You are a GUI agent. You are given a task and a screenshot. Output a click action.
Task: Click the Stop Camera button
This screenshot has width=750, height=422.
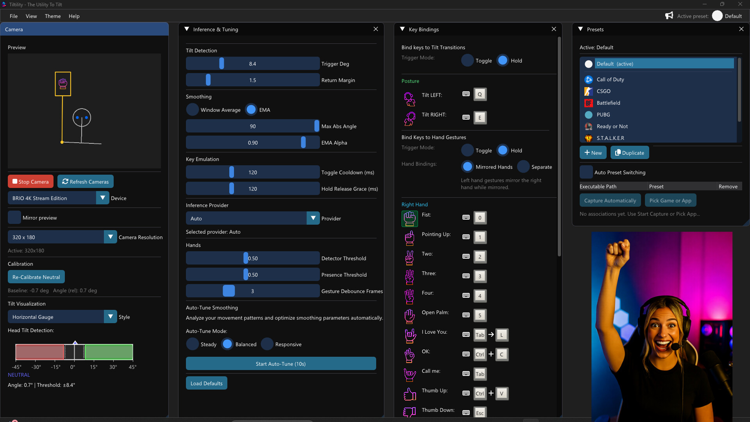(x=30, y=182)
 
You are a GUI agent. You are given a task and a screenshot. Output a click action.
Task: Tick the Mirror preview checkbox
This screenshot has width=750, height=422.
(x=14, y=218)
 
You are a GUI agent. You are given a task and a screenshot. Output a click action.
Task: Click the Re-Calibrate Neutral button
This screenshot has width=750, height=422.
(x=36, y=277)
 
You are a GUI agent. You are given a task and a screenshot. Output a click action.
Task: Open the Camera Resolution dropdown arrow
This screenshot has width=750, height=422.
(x=110, y=237)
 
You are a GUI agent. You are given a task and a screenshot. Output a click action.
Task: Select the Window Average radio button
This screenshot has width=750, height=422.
(x=192, y=110)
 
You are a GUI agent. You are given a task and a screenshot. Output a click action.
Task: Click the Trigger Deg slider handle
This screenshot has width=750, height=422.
(x=221, y=64)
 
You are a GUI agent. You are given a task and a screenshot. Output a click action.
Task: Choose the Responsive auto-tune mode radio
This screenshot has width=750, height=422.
(x=267, y=344)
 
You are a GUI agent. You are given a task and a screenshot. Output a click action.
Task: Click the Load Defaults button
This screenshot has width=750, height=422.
(x=206, y=383)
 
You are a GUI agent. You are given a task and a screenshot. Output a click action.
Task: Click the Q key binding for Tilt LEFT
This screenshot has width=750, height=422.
(x=480, y=94)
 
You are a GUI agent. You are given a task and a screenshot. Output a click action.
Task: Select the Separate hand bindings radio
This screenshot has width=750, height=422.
(x=523, y=167)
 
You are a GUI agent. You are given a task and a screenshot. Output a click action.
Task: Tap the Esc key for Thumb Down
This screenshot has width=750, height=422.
(x=480, y=413)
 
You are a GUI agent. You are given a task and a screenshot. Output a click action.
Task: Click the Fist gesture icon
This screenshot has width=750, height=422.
(x=409, y=218)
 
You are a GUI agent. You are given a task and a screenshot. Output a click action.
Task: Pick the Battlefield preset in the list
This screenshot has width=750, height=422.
(x=608, y=103)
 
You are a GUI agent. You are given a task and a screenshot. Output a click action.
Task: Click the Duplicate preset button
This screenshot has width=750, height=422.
(x=629, y=153)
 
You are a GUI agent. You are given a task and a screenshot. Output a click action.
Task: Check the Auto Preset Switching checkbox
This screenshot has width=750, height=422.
(x=586, y=172)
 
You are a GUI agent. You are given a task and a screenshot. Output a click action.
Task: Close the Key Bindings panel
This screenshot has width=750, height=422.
(x=554, y=29)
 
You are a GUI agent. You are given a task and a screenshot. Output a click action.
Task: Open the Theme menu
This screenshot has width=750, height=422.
(x=53, y=16)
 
